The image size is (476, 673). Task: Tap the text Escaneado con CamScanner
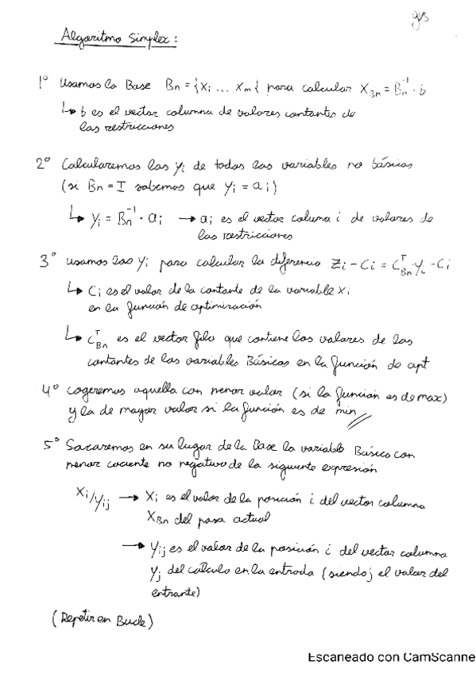pyautogui.click(x=390, y=657)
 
